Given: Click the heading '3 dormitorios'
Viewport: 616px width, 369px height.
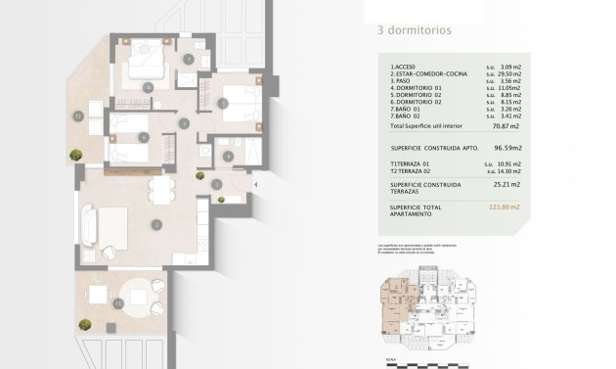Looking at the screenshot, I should pyautogui.click(x=414, y=30).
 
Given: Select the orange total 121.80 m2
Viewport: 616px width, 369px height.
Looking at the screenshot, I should pyautogui.click(x=506, y=207).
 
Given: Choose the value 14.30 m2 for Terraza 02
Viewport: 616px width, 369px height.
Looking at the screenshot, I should pyautogui.click(x=509, y=171).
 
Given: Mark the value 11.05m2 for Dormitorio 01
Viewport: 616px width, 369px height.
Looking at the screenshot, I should pyautogui.click(x=509, y=89).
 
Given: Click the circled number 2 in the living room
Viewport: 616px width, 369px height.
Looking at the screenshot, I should pyautogui.click(x=155, y=224).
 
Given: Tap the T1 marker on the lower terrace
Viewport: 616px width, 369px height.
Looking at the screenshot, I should pyautogui.click(x=118, y=304).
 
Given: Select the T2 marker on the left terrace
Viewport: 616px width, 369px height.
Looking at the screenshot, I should pyautogui.click(x=77, y=115).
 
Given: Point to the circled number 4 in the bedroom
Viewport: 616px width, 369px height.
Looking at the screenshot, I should pyautogui.click(x=148, y=87).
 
